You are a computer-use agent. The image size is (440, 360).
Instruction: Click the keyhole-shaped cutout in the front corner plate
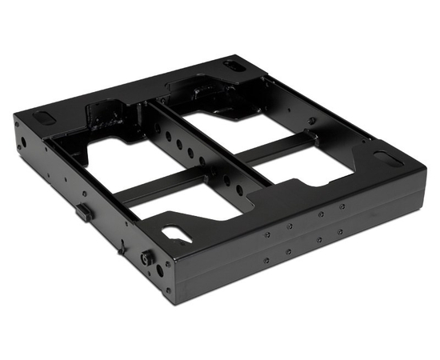coord(177,232)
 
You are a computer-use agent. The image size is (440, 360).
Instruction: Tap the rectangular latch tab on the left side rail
coord(82,211)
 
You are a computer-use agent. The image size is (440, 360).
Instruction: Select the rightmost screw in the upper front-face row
coord(343,206)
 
